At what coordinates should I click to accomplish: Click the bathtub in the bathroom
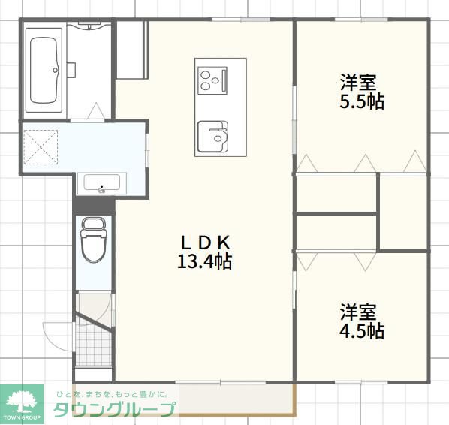point(44,70)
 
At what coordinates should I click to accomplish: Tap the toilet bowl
point(93,240)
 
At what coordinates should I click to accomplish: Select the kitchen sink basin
point(212,137)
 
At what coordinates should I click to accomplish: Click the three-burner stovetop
point(212,80)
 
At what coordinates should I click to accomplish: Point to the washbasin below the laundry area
point(101,184)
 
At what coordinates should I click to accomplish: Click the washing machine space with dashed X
point(41,147)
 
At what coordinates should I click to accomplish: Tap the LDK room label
point(205,243)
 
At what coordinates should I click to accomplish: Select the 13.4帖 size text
point(204,261)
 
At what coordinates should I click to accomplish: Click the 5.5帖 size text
point(362,101)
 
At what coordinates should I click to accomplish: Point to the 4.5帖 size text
point(362,331)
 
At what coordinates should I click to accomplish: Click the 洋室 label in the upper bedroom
point(358,83)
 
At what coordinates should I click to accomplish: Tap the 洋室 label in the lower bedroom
point(358,312)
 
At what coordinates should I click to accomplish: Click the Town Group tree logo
point(22,405)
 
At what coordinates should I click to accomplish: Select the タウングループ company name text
point(114,409)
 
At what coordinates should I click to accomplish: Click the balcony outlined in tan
point(184,399)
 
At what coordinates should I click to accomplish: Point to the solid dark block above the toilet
point(94,205)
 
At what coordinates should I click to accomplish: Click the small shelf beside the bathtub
point(71,70)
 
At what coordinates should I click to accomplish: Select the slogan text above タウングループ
point(113,394)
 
